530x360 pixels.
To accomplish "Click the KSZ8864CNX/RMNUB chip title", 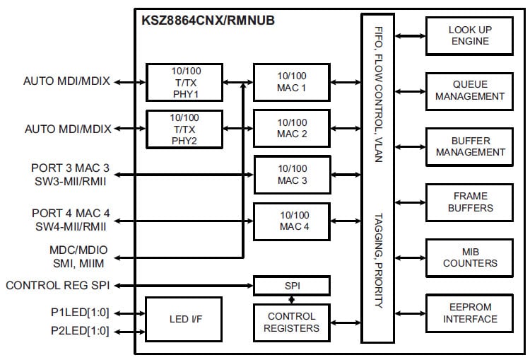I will point(208,21).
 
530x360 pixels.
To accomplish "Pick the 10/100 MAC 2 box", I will point(292,128).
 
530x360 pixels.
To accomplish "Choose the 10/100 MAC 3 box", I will point(292,175).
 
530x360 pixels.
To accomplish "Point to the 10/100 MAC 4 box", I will point(292,221).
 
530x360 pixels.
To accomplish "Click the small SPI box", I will point(292,286).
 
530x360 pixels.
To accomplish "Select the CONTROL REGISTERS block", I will point(292,322).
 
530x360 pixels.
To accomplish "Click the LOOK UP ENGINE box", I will point(470,35).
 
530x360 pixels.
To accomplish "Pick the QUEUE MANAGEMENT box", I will point(470,91).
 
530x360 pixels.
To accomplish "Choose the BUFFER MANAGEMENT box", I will point(470,146).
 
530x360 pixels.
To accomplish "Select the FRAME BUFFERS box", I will point(470,202).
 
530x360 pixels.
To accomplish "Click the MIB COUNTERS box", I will point(470,257).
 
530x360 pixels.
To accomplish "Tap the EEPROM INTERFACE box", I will point(470,313).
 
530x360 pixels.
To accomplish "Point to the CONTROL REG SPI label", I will point(58,286).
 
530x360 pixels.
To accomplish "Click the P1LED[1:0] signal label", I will point(79,311).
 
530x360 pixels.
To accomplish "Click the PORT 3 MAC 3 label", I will point(71,169).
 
